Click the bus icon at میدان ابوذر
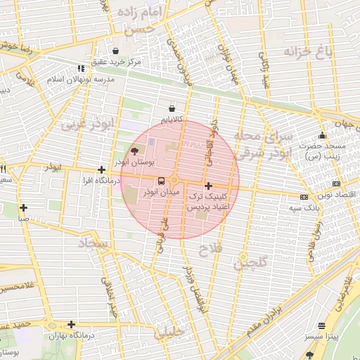tap(162, 180)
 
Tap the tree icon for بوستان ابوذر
tap(134, 150)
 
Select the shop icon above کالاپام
tap(172, 108)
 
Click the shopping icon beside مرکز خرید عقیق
tap(115, 51)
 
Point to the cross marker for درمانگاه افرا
tap(102, 169)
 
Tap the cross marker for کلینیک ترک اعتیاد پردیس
tap(208, 186)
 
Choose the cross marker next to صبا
tap(24, 207)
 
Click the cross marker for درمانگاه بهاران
tap(71, 324)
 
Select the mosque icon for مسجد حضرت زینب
tap(323, 136)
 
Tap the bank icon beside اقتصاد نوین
tap(304, 197)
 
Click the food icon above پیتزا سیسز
tap(322, 326)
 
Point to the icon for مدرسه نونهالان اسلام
tap(82, 68)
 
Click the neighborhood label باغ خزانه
tap(308, 51)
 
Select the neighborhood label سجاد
tap(91, 245)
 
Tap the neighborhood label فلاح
tap(210, 250)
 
